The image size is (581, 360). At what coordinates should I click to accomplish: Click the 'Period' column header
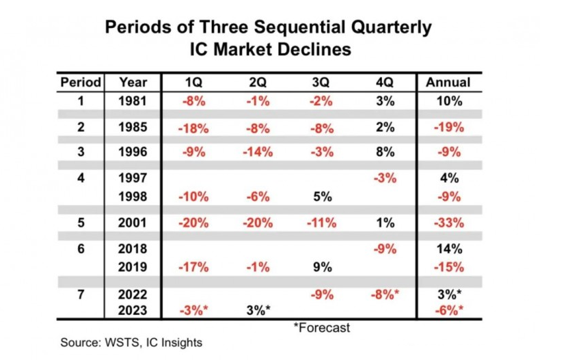(x=81, y=83)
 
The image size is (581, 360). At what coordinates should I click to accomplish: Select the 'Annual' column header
(x=448, y=83)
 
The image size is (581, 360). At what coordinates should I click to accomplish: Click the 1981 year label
(x=133, y=101)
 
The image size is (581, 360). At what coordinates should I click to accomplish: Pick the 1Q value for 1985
(x=193, y=127)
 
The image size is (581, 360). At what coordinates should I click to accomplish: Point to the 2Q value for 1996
(x=257, y=152)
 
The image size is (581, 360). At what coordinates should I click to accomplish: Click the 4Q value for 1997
(x=385, y=178)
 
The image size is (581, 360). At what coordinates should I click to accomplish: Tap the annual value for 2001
(x=448, y=223)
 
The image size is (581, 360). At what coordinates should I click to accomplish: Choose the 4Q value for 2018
(x=385, y=249)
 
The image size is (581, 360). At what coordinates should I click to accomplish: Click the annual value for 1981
(x=448, y=101)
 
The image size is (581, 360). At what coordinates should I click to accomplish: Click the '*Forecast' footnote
(x=321, y=327)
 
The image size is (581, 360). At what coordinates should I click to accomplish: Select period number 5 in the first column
(x=81, y=223)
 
